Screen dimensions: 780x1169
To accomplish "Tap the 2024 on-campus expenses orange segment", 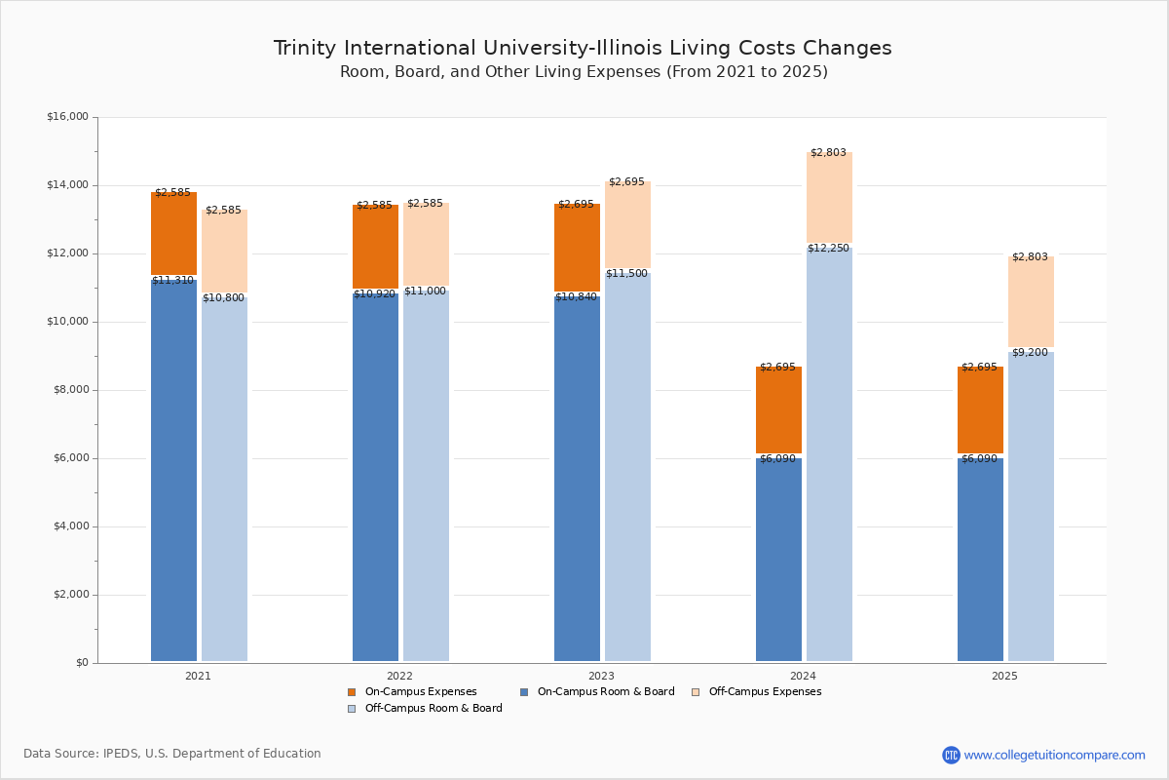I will (778, 409).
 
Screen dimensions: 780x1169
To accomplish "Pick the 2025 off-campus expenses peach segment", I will (1031, 301).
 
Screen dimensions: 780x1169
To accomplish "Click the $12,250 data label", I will (828, 249).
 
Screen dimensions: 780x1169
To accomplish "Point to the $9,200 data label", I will (1030, 353).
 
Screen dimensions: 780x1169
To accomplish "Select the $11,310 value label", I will (172, 281).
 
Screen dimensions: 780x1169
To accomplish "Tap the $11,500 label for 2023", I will (626, 274).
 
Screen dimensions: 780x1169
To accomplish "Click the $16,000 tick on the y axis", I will (67, 117).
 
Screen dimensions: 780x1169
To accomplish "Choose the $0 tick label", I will (81, 663).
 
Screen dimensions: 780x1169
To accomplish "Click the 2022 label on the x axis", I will (399, 676).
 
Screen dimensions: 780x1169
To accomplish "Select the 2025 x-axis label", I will (1004, 676).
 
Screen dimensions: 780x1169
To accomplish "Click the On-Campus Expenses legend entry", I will (413, 692).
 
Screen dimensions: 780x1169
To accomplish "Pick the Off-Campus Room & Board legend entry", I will (426, 709).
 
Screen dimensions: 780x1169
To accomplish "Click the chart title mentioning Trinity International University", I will (583, 48).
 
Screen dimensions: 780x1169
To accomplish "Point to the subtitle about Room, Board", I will (584, 72).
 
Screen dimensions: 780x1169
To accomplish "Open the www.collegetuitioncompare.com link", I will (1054, 755).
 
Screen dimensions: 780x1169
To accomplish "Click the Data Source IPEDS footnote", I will (172, 754).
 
